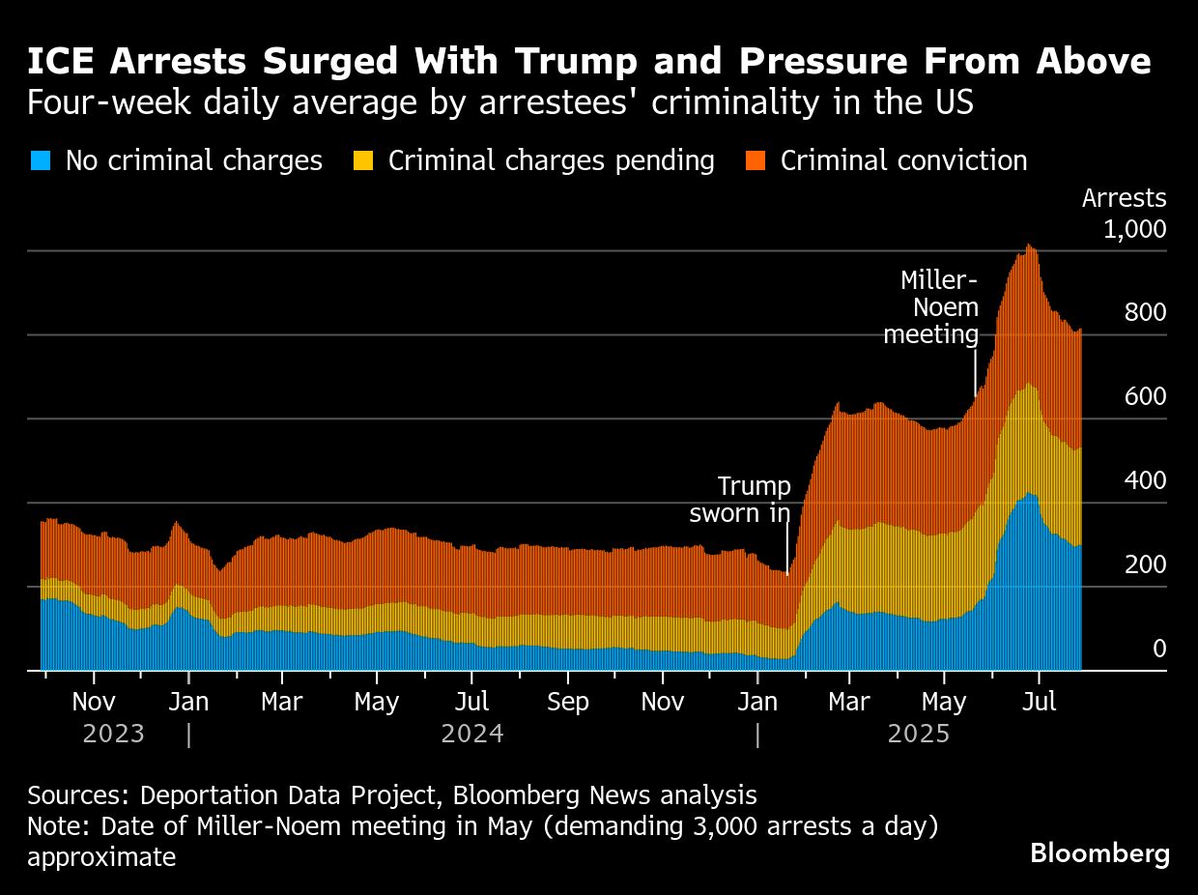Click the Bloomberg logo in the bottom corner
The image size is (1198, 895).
tap(1099, 853)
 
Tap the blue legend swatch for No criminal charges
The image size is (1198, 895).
tap(41, 160)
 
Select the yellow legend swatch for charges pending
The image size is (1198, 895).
tap(363, 160)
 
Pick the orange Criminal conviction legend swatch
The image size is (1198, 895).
tap(756, 160)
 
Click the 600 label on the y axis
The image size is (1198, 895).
tap(1145, 396)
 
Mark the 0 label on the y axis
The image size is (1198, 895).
tap(1159, 649)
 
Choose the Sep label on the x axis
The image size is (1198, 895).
tap(567, 702)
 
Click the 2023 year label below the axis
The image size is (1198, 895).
tap(113, 734)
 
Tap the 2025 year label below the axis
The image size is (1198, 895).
tap(919, 734)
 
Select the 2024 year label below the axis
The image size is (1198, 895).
tap(471, 734)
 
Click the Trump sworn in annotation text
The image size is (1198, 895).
tap(740, 500)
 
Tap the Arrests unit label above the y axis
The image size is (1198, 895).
tap(1124, 198)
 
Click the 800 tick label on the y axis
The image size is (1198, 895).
tap(1145, 312)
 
